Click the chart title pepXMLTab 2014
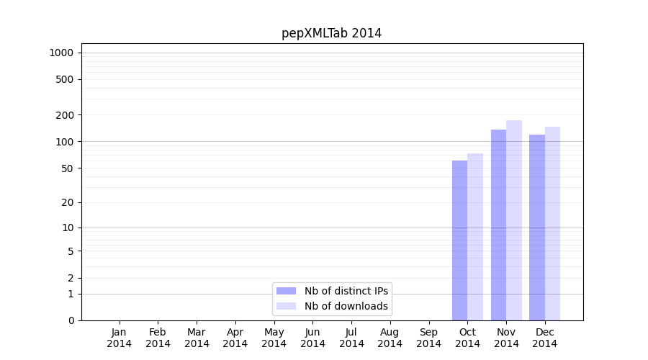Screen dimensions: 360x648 (331, 33)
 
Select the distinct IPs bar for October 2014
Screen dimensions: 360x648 (459, 240)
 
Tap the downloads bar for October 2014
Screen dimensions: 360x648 (475, 237)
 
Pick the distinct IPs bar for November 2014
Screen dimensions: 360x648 (498, 225)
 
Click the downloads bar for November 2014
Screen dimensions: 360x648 (514, 220)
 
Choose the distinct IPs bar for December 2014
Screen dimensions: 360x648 (537, 228)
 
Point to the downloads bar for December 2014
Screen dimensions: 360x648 (552, 223)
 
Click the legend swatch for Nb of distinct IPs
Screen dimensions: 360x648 (286, 291)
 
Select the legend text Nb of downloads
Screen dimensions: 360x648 (346, 306)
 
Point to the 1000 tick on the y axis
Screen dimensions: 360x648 (61, 53)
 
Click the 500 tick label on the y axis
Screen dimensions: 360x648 (66, 79)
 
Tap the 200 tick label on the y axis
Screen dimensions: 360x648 (66, 115)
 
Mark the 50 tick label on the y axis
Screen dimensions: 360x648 (68, 168)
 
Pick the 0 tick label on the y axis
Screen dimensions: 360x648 (71, 320)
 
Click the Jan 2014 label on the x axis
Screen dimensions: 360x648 (120, 338)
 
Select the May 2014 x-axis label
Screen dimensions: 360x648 (274, 338)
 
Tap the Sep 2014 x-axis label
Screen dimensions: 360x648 (428, 338)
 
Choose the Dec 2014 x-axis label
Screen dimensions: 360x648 (545, 338)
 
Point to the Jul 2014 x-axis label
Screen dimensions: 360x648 (351, 338)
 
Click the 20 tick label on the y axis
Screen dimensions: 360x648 (68, 202)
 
